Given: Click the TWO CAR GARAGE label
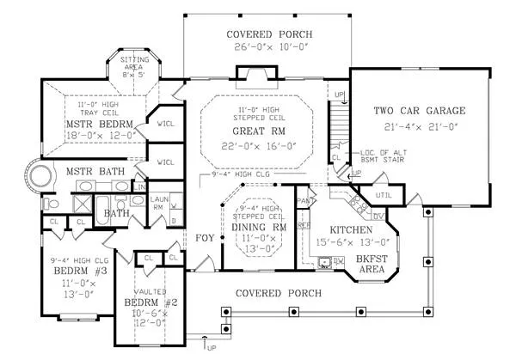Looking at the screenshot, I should click(x=420, y=111).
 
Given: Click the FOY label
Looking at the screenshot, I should click(x=205, y=237).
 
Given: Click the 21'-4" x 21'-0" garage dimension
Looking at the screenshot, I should click(x=420, y=128).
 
